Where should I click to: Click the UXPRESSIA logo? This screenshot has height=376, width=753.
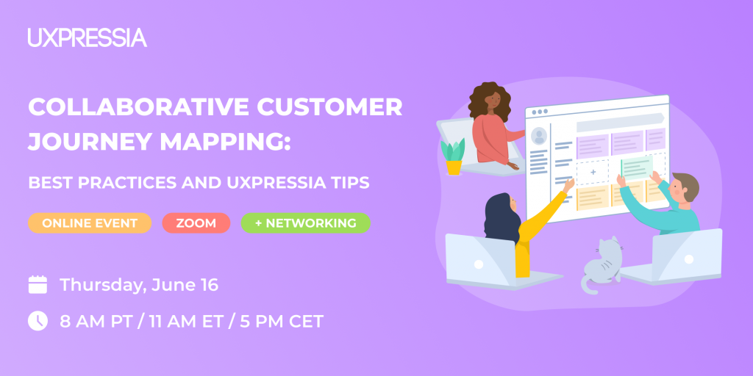[88, 37]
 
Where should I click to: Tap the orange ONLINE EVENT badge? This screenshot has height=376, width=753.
[90, 223]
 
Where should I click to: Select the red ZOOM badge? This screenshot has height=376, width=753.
[196, 223]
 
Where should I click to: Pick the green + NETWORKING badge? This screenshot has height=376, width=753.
[305, 223]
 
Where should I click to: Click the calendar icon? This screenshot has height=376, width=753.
[38, 284]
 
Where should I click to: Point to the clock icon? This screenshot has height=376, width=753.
[38, 321]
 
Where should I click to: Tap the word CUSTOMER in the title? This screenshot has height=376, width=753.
[329, 107]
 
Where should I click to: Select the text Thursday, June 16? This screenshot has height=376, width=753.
[139, 285]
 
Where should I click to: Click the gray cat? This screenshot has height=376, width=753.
[602, 264]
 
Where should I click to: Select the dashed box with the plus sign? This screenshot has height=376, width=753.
[593, 172]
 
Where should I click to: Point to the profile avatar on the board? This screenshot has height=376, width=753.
[539, 136]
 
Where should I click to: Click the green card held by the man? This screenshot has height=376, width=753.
[636, 168]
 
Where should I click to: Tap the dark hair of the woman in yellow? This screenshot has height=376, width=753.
[502, 218]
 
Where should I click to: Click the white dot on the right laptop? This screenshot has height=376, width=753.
[688, 259]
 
